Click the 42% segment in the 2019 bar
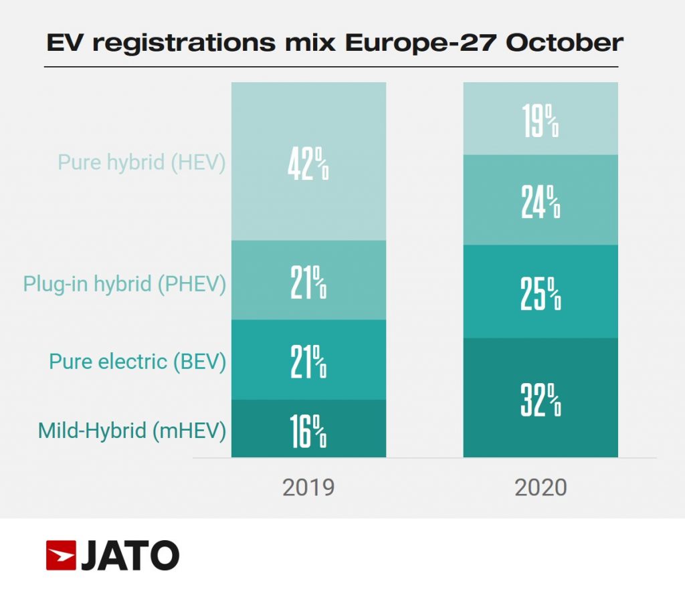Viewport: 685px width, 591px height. pos(308,161)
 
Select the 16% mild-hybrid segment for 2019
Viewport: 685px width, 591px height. pos(308,429)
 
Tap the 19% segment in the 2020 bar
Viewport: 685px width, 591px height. pos(541,118)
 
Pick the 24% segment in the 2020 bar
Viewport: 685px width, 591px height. pos(541,200)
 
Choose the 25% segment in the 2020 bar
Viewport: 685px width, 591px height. pos(541,291)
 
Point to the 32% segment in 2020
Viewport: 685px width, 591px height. pos(541,398)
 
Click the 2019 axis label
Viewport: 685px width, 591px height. pos(308,487)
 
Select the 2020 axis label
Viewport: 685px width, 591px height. pos(541,487)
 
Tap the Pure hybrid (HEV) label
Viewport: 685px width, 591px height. pos(141,162)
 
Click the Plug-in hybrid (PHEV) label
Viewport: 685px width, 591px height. pos(124,283)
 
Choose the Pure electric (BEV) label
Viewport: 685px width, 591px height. pos(137,362)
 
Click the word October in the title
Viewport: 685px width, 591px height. pos(565,43)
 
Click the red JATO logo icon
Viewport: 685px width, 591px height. pos(61,556)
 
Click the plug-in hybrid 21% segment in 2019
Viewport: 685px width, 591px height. pos(308,280)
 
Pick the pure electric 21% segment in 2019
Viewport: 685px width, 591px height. pos(308,360)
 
